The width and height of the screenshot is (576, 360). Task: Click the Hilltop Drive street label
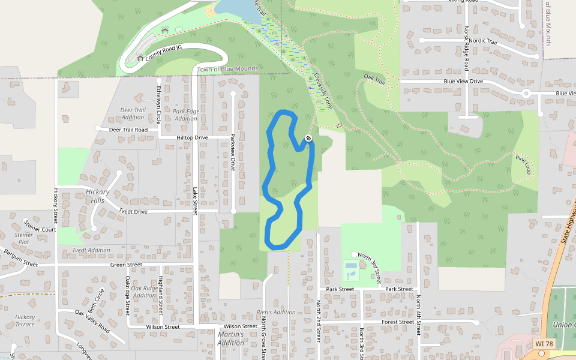[x=192, y=137]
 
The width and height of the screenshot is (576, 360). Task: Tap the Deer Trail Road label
[x=128, y=130]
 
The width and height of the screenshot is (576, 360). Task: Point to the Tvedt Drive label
[x=133, y=212]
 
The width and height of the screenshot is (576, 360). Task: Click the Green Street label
[x=126, y=265]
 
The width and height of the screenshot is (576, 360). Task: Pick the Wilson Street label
[x=163, y=327]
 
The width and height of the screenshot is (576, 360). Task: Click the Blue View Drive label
[x=463, y=81]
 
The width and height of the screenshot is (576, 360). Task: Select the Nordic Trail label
[x=484, y=41]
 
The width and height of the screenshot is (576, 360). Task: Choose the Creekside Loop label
[x=323, y=91]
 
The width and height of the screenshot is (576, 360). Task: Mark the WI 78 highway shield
[x=544, y=344]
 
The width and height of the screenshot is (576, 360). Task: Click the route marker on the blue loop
[x=308, y=139]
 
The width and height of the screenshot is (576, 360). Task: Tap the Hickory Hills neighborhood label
[x=97, y=196]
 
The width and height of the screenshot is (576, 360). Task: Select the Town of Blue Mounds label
[x=227, y=69]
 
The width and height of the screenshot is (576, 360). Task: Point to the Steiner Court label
[x=40, y=229]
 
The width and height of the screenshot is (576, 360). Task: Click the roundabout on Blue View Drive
[x=526, y=93]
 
